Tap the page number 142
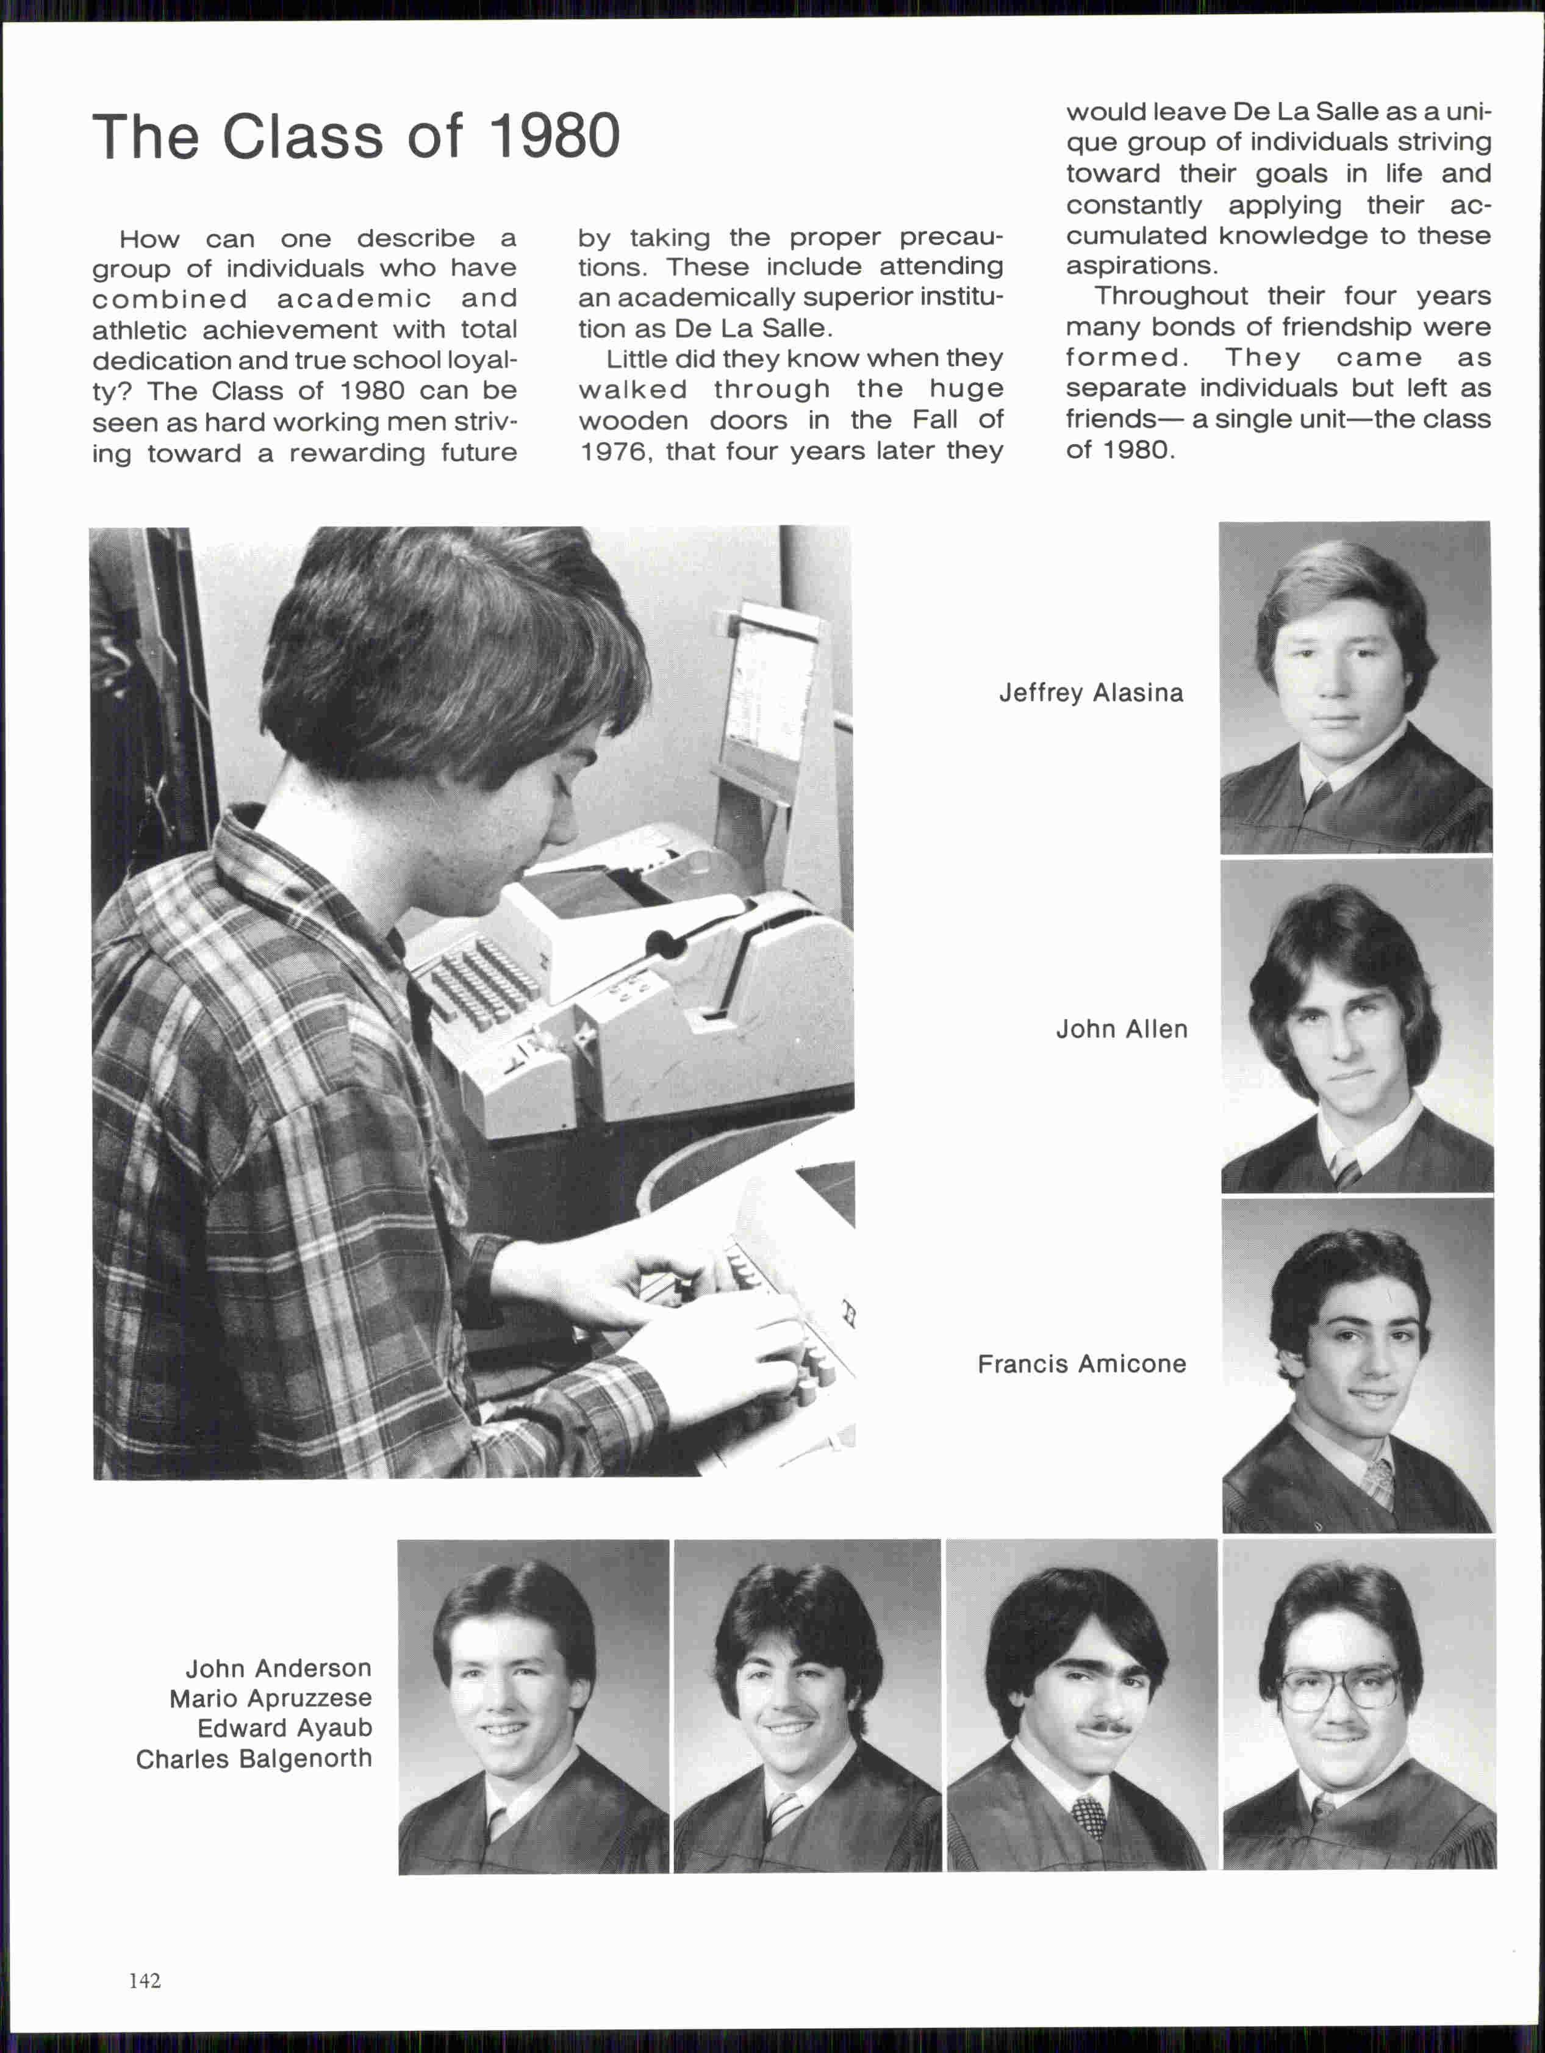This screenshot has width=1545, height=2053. pyautogui.click(x=145, y=1980)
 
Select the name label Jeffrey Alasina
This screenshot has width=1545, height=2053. pyautogui.click(x=1091, y=693)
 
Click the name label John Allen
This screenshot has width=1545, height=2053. pyautogui.click(x=1121, y=1029)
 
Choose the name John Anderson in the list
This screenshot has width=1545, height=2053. pyautogui.click(x=278, y=1668)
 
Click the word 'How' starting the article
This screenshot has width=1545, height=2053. pyautogui.click(x=148, y=239)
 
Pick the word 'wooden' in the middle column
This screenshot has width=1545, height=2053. pyautogui.click(x=633, y=420)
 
